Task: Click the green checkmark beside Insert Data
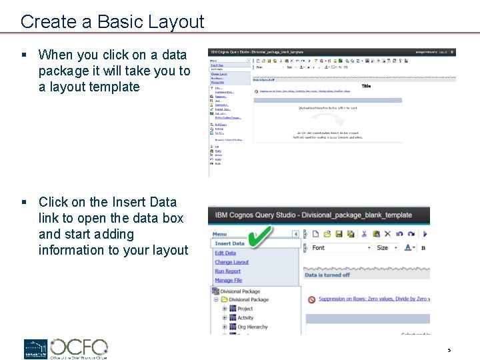[x=261, y=236]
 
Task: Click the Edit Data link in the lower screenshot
[x=225, y=253]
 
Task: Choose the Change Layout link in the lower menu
[x=231, y=263]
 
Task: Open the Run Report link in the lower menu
[x=227, y=271]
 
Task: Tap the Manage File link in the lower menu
[x=228, y=281]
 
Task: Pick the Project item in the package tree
[x=245, y=309]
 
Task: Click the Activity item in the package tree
[x=245, y=318]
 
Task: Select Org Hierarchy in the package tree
[x=252, y=327]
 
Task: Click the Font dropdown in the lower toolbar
[x=341, y=248]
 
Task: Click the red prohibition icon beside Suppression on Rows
[x=311, y=299]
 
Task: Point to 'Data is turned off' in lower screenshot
[x=327, y=275]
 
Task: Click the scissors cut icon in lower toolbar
[x=364, y=234]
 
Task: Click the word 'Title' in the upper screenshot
[x=366, y=86]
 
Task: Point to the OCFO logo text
[x=79, y=347]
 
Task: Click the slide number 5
[x=449, y=350]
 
